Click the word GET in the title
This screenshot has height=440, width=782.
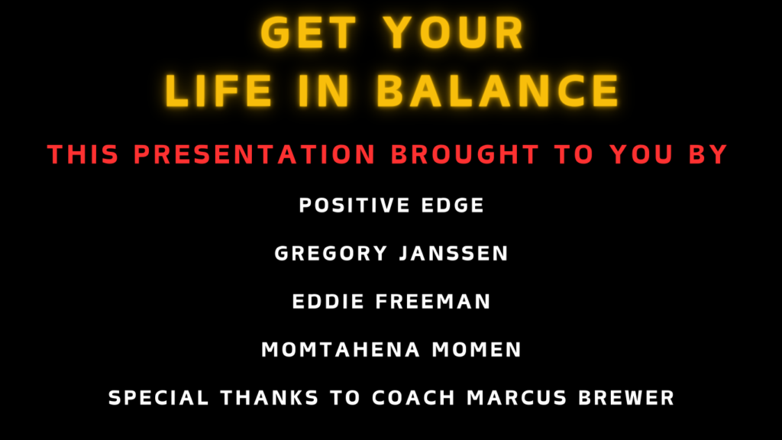pos(309,33)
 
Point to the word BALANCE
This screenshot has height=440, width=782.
pos(498,91)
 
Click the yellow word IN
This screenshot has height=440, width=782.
pos(324,91)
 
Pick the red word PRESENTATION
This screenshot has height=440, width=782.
pos(255,154)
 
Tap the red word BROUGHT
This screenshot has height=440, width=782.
pos(465,154)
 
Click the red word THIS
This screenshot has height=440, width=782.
pos(83,154)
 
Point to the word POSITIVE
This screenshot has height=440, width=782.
pos(354,205)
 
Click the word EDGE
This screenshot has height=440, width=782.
pos(453,205)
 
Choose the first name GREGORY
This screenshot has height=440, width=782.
pos(331,254)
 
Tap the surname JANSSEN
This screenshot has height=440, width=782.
pos(454,254)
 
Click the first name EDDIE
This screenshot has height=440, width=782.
pos(328,301)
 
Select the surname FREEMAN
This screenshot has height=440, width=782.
pos(434,301)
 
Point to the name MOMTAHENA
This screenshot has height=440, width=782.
pos(341,350)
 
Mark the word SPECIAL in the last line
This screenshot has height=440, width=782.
pos(159,397)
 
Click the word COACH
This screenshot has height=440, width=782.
pos(414,397)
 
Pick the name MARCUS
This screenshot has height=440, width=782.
pos(517,397)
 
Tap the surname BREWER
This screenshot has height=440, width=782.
pos(626,397)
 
